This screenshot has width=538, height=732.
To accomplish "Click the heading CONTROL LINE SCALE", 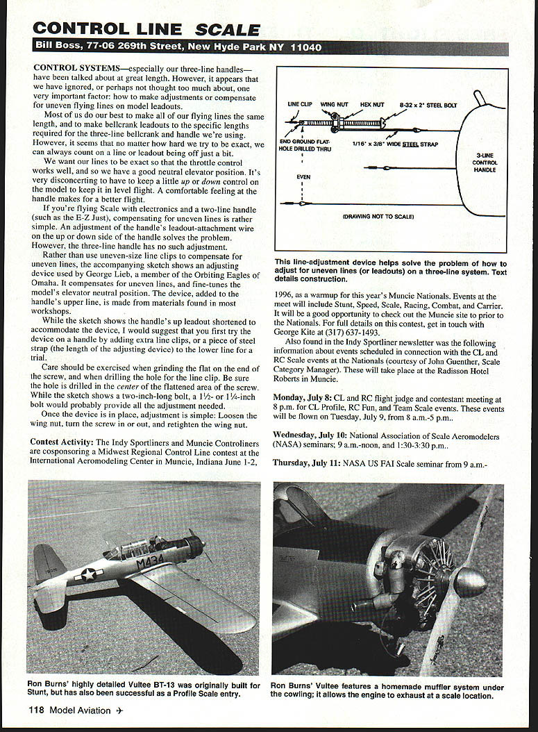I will tap(146, 28).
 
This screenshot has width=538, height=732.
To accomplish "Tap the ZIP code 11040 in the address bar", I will tap(305, 48).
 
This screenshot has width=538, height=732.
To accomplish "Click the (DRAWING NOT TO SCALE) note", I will tap(378, 217).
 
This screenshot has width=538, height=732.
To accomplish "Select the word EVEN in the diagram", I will tap(303, 177).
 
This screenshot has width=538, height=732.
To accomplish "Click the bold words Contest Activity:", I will tap(61, 442).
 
